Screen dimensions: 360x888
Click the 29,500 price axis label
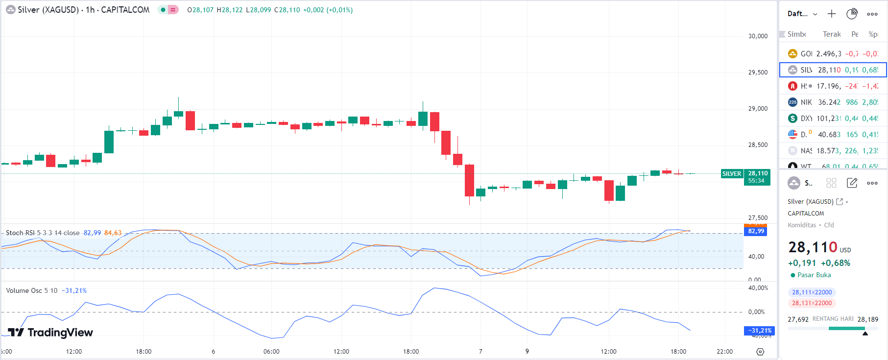758,72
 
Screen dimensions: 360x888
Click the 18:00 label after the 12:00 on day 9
678,352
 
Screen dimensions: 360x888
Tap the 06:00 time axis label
271,352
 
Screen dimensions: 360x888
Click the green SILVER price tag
732,174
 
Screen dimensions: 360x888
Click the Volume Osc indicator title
31,290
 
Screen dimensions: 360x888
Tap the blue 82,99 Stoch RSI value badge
756,231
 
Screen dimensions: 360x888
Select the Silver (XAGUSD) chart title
48,10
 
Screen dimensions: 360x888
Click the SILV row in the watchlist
833,70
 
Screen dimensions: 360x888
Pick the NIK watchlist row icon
792,102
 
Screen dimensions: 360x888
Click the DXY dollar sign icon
792,118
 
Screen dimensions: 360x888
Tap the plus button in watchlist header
832,14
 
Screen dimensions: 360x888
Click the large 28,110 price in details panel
813,247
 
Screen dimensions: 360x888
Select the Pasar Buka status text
814,275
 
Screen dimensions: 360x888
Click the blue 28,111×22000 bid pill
812,292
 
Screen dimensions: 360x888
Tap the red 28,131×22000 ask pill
812,303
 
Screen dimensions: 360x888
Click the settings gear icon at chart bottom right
760,352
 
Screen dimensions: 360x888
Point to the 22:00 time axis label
724,352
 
